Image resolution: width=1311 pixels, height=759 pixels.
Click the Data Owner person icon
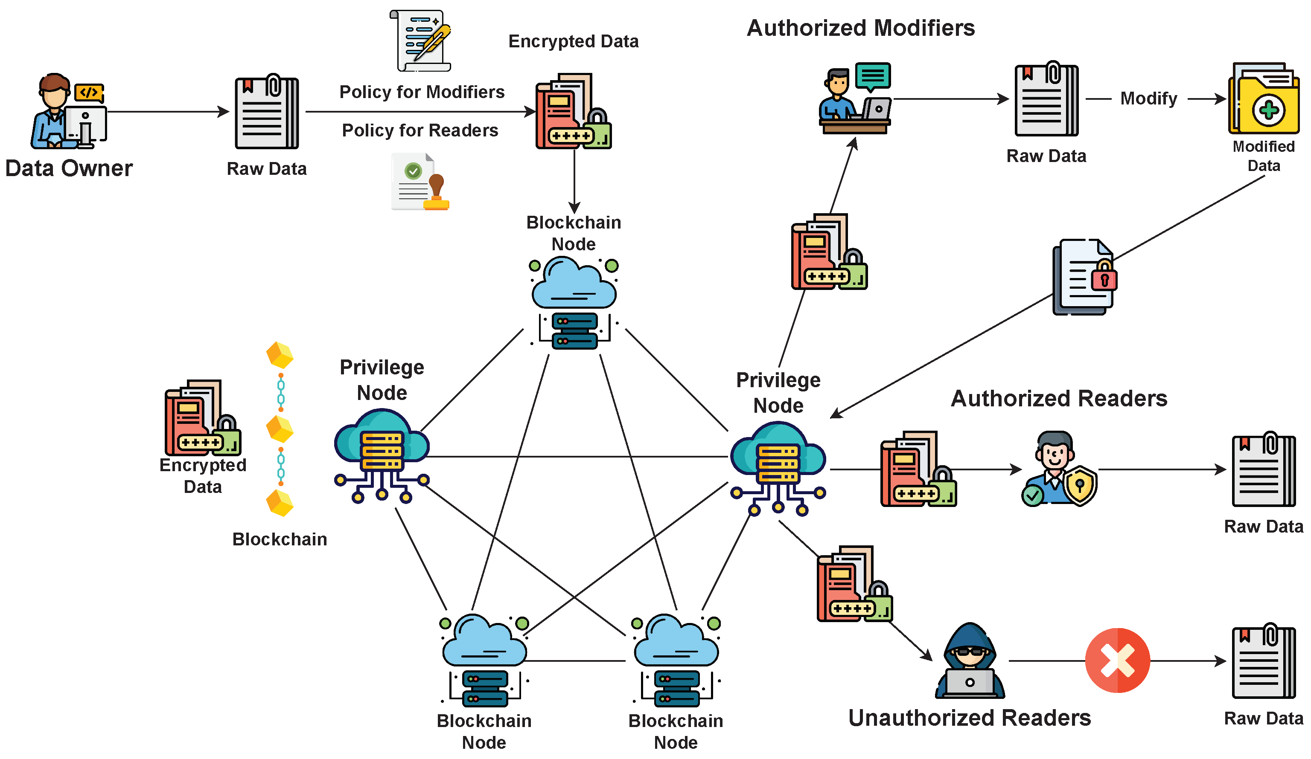coord(69,111)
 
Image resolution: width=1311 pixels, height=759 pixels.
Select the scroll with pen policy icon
coord(420,41)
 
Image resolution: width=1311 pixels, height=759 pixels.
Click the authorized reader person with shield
coord(1059,468)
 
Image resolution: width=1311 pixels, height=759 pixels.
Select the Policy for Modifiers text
coord(422,92)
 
